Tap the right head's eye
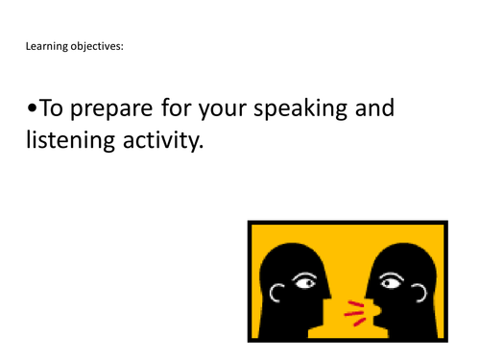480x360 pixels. tap(390, 282)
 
